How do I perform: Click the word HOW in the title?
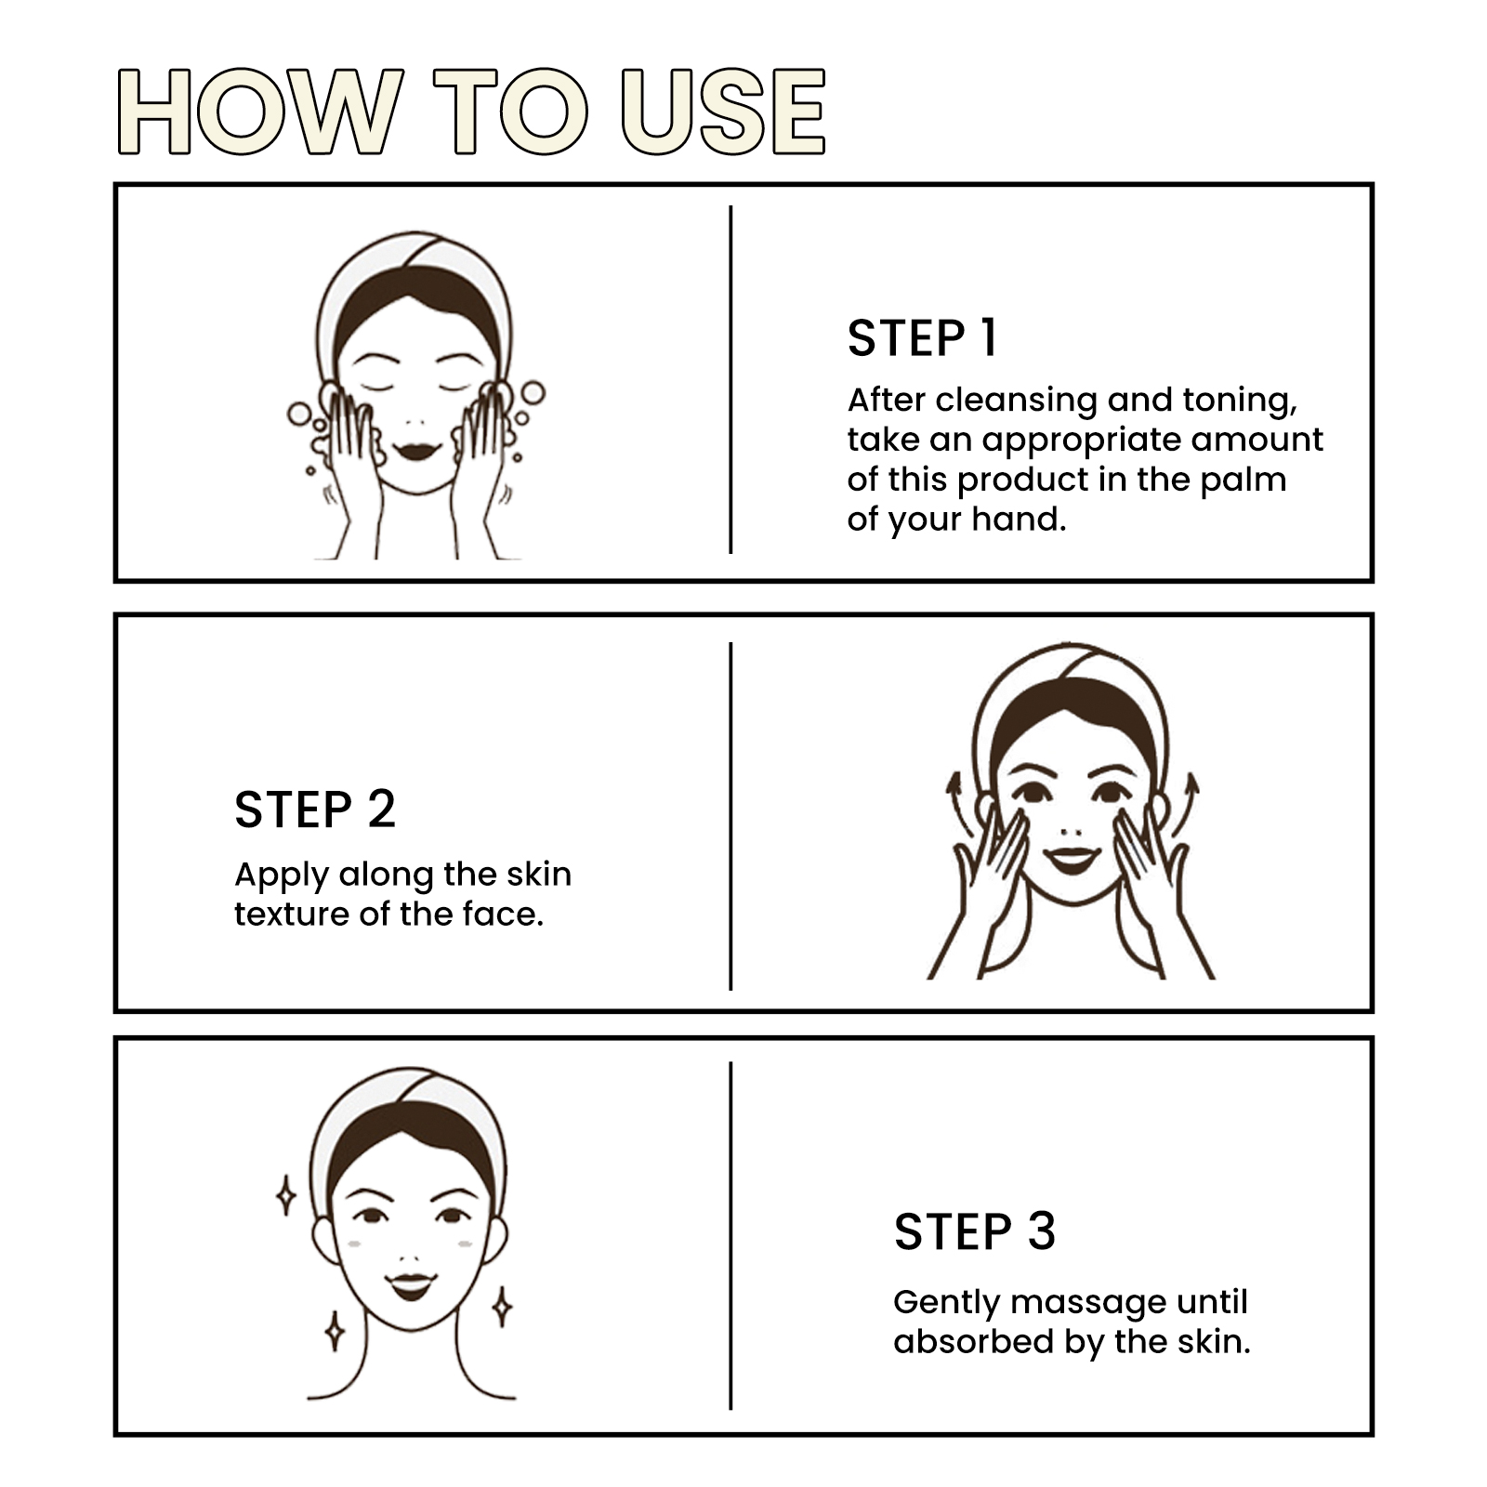point(260,112)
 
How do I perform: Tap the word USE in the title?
point(724,112)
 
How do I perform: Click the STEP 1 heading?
point(922,337)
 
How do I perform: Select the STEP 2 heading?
point(315,809)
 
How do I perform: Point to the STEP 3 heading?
point(975,1231)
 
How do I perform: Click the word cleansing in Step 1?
point(1016,400)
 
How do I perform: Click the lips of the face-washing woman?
point(415,453)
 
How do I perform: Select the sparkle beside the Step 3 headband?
point(286,1196)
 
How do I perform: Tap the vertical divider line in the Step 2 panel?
point(730,815)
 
